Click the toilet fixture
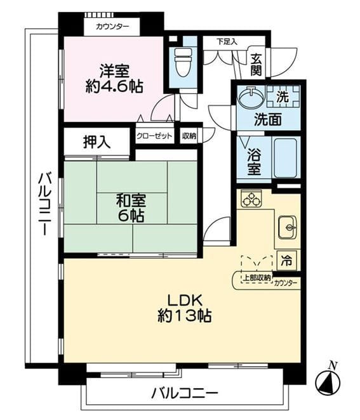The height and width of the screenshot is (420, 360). click(183, 62)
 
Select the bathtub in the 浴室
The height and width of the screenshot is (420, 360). click(286, 157)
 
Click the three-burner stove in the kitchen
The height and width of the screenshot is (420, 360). click(251, 199)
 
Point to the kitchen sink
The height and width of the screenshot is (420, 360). click(287, 227)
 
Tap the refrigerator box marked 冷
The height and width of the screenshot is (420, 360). click(286, 261)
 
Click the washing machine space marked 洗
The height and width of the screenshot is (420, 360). click(283, 96)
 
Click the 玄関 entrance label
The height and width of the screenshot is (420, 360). click(257, 65)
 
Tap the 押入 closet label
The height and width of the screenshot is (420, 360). click(97, 141)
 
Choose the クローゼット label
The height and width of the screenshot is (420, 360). click(154, 136)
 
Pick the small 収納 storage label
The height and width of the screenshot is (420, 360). click(189, 136)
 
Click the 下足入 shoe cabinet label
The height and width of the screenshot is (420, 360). click(227, 41)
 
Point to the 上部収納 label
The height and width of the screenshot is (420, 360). click(257, 278)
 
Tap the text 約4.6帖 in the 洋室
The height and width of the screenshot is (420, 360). click(114, 86)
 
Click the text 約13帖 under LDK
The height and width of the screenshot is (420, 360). click(184, 316)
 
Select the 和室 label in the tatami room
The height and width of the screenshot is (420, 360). click(131, 200)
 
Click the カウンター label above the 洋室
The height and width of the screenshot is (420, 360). click(112, 27)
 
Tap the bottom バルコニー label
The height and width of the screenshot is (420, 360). click(184, 393)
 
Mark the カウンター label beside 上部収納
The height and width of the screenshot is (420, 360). click(286, 283)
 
